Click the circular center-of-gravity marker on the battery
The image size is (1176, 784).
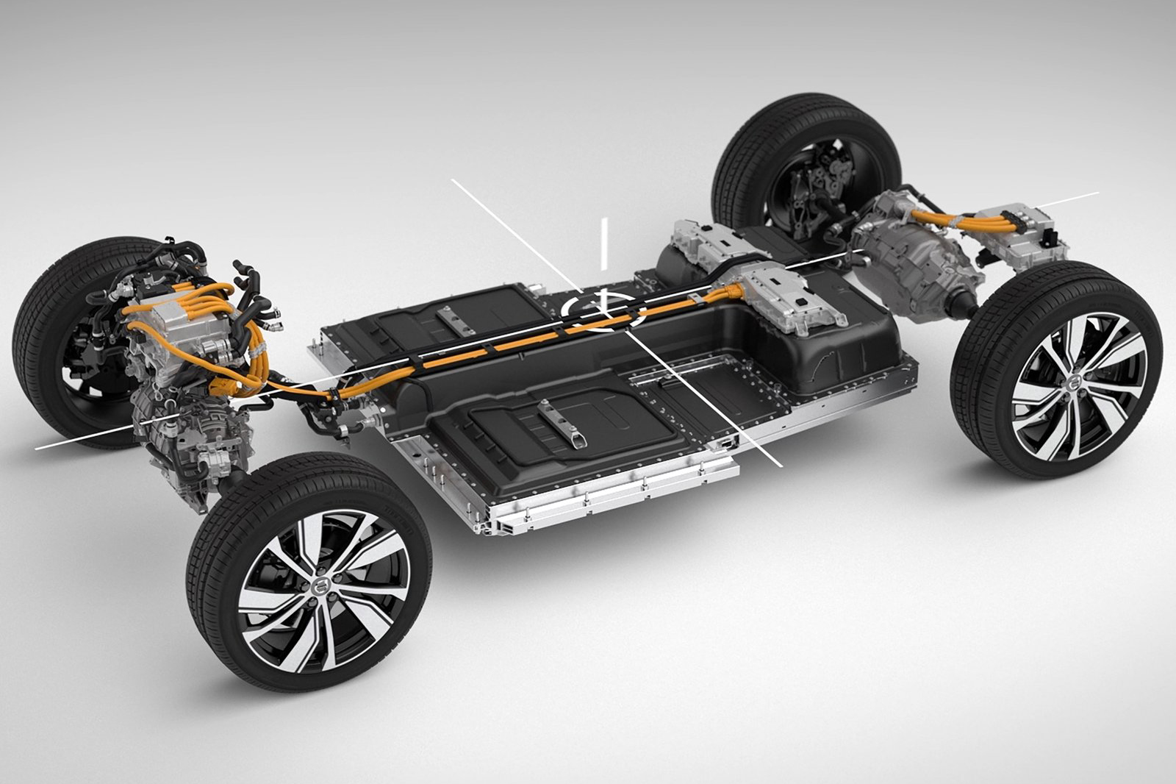(x=603, y=310)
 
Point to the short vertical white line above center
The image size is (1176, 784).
(x=604, y=243)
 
